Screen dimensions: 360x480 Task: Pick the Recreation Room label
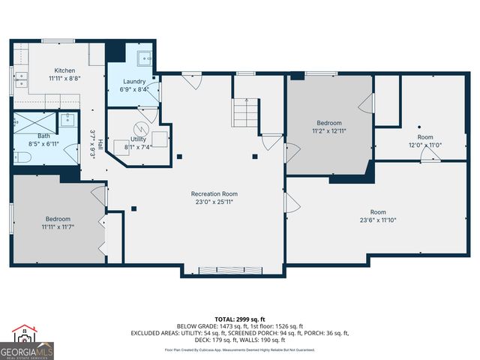click(214, 193)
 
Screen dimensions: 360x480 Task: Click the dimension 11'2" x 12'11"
click(328, 131)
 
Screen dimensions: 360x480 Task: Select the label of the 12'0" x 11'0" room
click(425, 137)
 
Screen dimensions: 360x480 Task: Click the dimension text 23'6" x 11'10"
click(388, 220)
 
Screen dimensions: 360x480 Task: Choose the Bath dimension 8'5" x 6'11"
click(43, 143)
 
